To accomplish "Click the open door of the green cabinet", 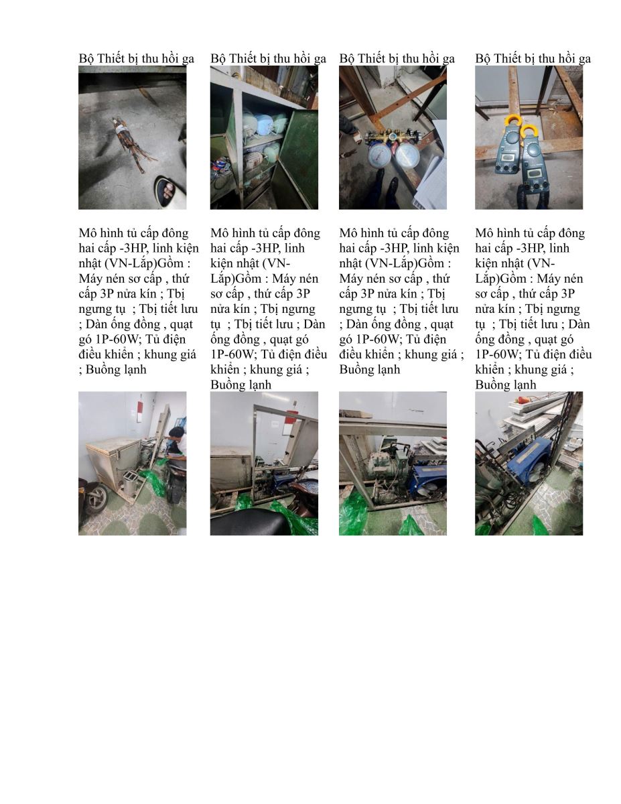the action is point(297,158).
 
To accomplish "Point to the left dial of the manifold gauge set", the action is point(381,155).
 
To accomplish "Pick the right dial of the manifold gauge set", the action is point(409,155).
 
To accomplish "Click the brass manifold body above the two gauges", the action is point(395,137).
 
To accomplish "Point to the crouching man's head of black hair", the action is point(177,432).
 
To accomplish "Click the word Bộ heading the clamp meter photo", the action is point(483,59).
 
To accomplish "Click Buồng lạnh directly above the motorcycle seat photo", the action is point(240,385).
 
